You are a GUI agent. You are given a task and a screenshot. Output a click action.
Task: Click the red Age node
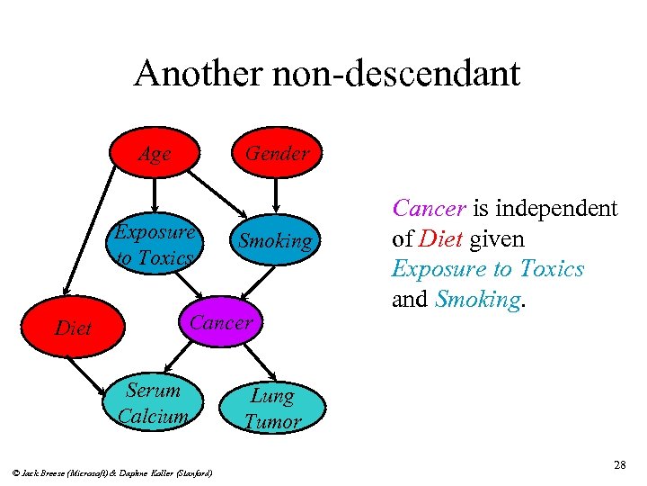155,154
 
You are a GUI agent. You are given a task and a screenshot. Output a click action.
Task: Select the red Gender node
277,153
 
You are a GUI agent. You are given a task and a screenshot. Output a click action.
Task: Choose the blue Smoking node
274,240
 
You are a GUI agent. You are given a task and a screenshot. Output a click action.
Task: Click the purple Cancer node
221,322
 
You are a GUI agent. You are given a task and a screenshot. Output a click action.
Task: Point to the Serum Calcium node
154,402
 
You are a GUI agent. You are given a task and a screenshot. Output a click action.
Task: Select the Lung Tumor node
272,408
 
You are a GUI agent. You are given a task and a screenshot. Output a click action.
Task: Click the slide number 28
619,464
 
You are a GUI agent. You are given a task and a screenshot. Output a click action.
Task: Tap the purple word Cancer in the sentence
429,209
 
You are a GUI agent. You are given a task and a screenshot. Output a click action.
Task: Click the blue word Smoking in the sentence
476,300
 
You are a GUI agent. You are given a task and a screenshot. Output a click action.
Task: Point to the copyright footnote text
113,472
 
